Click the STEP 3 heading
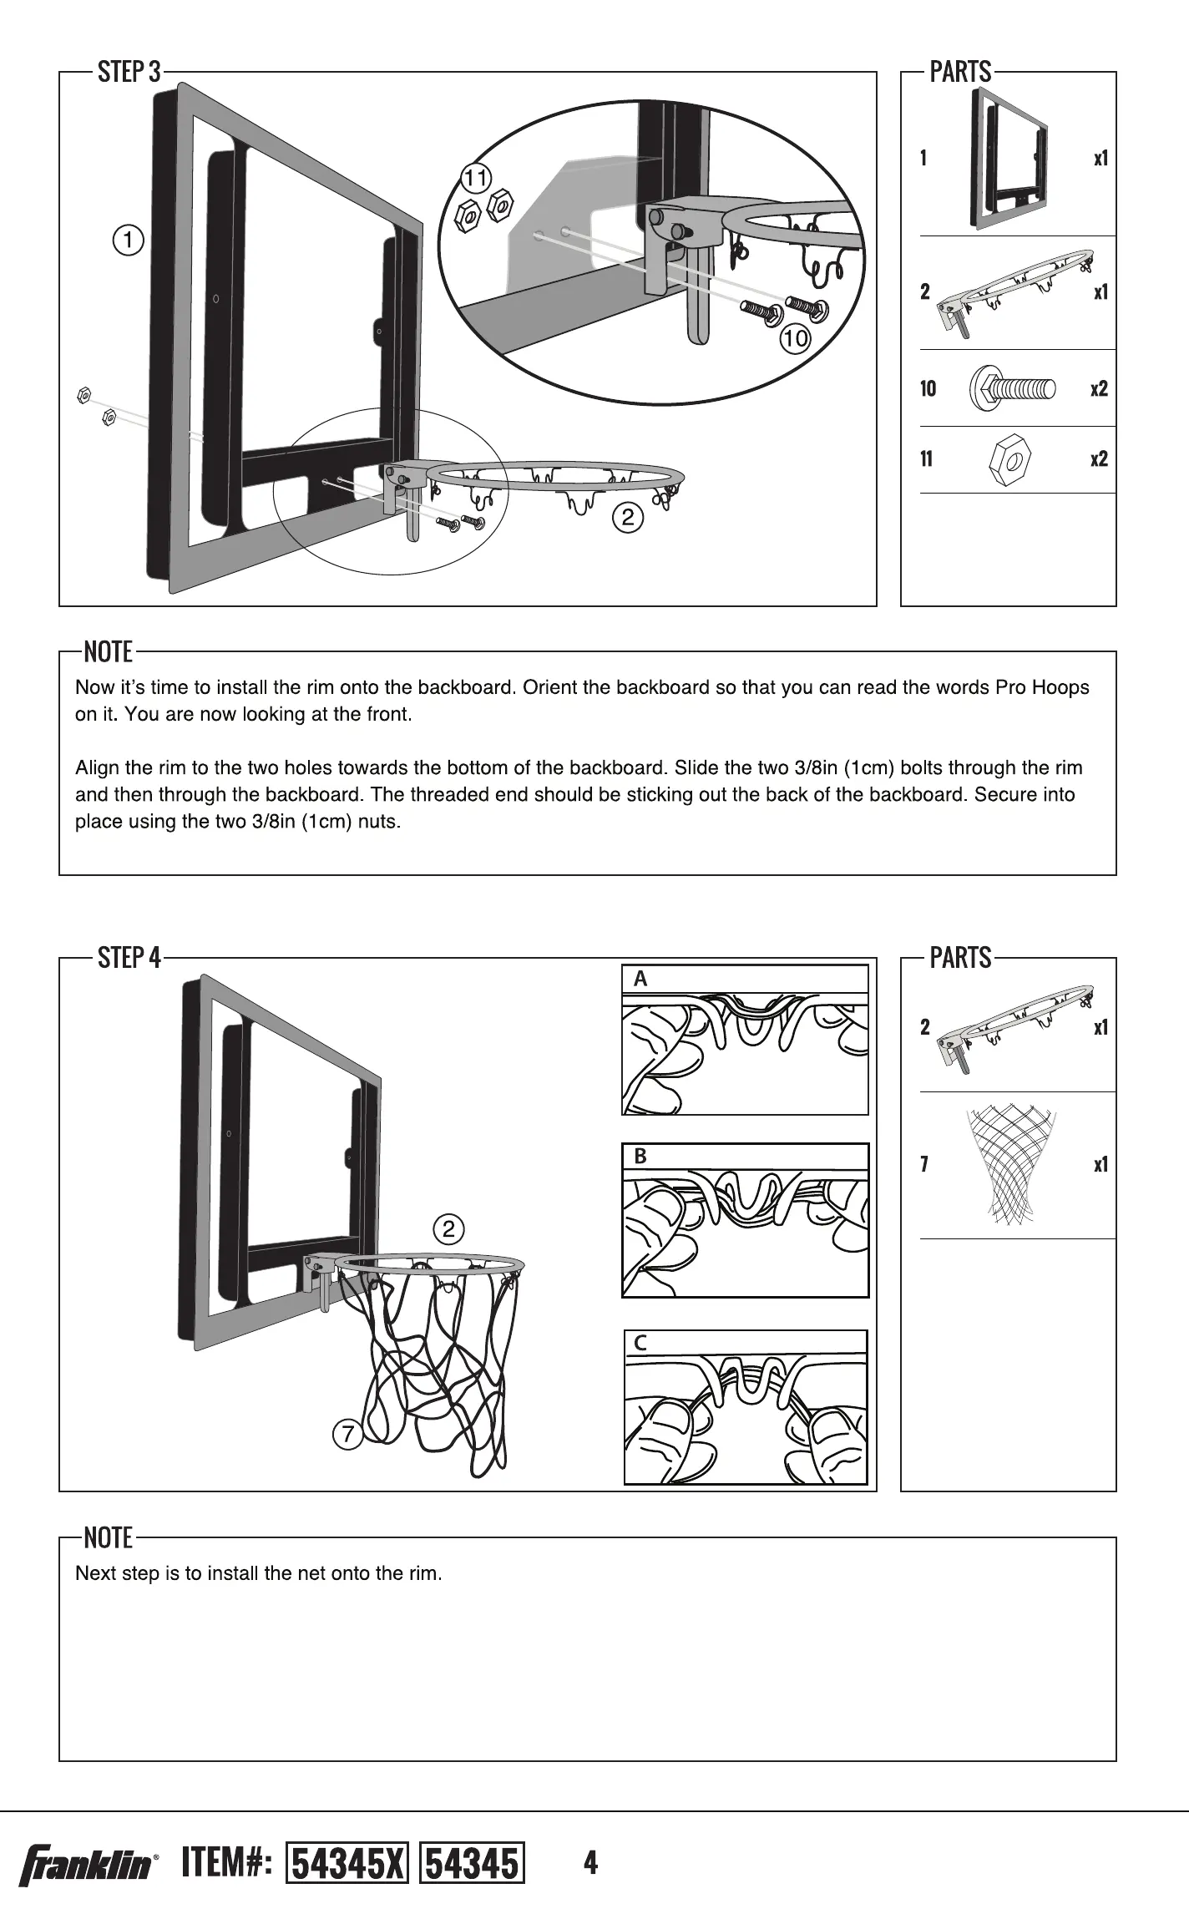129,72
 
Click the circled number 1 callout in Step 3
128,241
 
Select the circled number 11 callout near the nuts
477,178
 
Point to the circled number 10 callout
795,338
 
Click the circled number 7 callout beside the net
347,1435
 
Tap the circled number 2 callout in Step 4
448,1228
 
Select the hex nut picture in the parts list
1009,458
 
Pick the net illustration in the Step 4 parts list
1010,1164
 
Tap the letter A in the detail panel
640,979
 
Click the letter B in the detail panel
640,1157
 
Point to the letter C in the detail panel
640,1344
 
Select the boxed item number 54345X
347,1863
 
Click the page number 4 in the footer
590,1862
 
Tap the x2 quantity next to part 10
1099,388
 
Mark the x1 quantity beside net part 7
1100,1164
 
